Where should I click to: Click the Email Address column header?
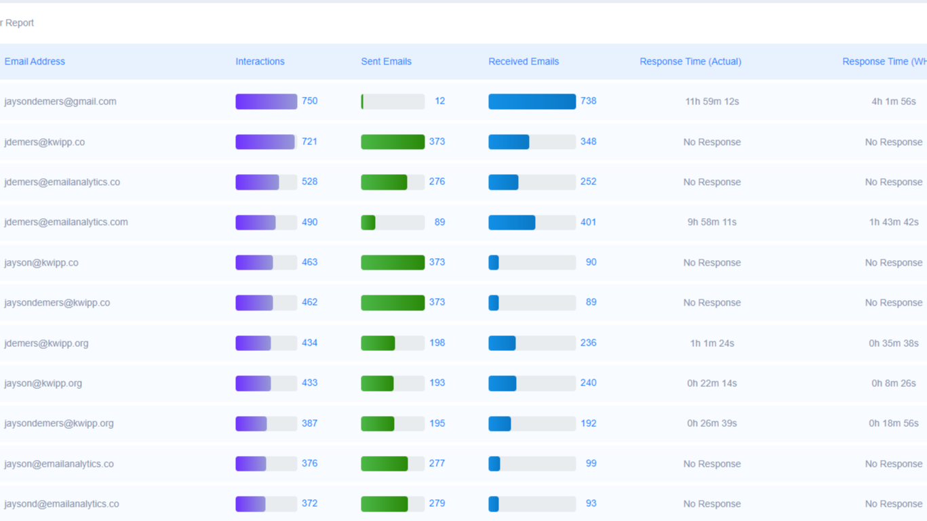[35, 62]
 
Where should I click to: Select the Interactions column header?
[260, 62]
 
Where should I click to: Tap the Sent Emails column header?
[386, 62]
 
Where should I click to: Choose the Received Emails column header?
[524, 62]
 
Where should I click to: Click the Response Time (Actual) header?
[690, 62]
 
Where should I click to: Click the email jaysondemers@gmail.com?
[60, 102]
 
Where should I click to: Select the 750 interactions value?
[309, 101]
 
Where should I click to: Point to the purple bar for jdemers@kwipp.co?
[265, 142]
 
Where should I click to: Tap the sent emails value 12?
[439, 101]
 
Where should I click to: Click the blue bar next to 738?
[532, 102]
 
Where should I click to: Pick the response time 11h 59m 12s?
[712, 102]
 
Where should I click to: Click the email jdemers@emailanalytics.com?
[66, 222]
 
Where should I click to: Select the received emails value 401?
[588, 222]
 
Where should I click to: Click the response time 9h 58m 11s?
[712, 222]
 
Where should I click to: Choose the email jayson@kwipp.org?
[43, 383]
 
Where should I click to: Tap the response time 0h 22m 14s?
[712, 383]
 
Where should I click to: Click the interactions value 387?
[309, 423]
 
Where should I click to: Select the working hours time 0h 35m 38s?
[893, 343]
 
